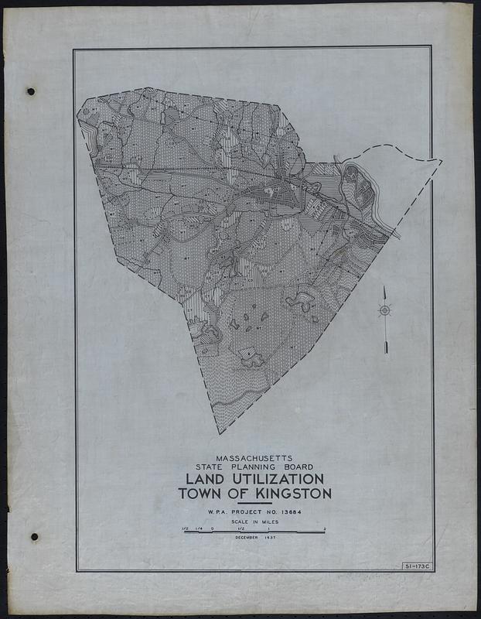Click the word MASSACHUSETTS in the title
tap(254, 457)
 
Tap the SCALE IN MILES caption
tap(254, 523)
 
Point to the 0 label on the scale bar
tap(212, 528)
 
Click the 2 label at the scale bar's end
tap(325, 528)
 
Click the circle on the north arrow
tap(384, 310)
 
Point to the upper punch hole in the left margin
tap(31, 91)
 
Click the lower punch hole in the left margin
tap(33, 536)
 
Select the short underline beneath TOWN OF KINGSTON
tap(254, 504)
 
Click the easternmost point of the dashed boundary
tap(442, 161)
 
